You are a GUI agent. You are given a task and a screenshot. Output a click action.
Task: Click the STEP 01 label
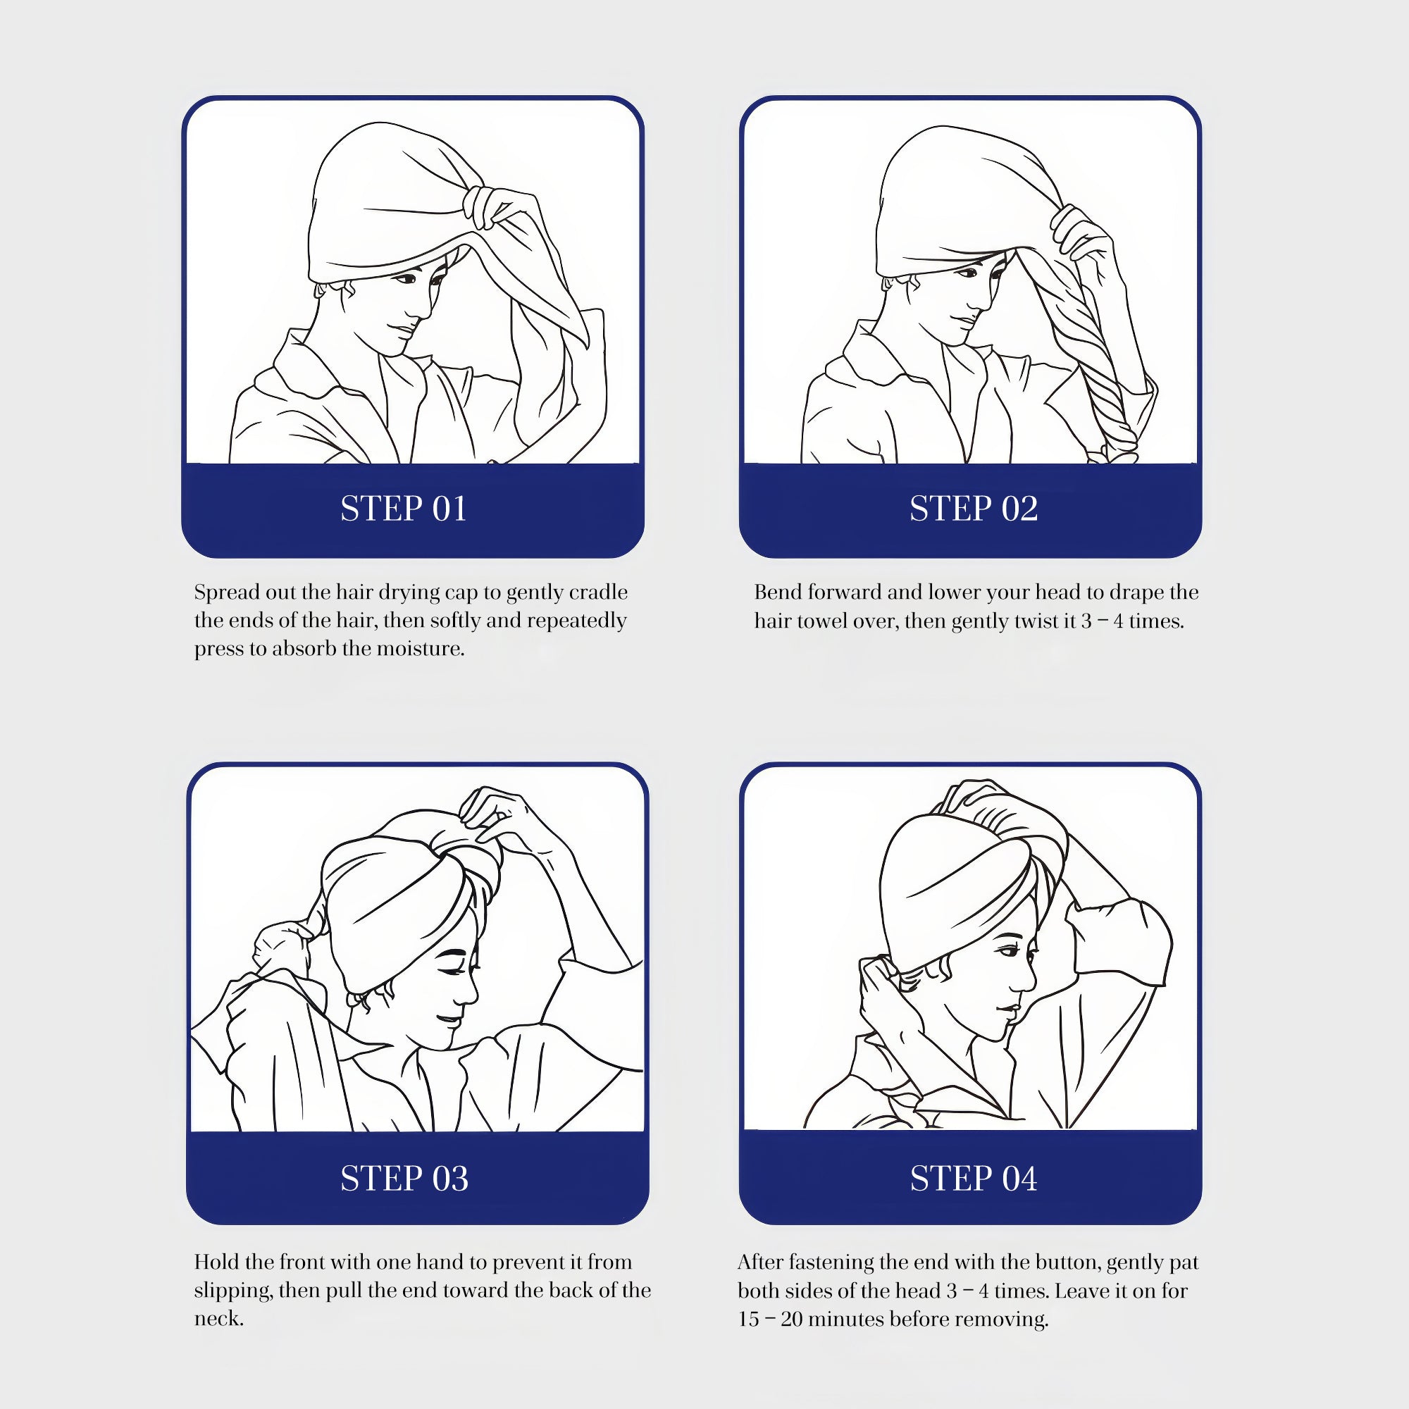coord(403,509)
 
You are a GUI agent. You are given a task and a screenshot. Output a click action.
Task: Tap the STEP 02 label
coord(974,509)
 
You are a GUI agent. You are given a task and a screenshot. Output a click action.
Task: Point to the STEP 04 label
coord(974,1179)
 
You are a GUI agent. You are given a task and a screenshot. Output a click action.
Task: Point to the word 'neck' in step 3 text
coord(216,1320)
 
